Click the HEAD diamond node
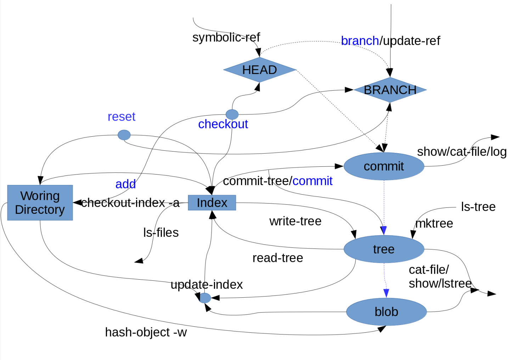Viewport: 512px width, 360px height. point(259,70)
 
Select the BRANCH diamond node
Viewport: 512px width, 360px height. point(390,90)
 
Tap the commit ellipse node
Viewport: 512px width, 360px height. point(384,166)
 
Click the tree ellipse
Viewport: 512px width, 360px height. point(384,249)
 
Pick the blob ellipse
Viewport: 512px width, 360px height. point(386,312)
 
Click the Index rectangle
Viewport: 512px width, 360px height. point(212,203)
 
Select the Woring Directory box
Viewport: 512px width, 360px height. point(40,203)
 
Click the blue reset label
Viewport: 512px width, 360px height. point(122,116)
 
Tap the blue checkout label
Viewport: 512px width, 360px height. point(223,124)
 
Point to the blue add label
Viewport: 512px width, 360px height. point(125,184)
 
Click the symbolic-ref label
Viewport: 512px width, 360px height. point(226,37)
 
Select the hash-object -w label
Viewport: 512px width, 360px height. point(146,332)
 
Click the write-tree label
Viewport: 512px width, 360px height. point(295,221)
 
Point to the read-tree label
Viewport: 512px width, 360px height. point(277,258)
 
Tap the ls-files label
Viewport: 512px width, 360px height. point(161,233)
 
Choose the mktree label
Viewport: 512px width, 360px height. point(434,224)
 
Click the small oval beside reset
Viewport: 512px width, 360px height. point(124,135)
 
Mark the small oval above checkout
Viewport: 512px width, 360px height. point(232,114)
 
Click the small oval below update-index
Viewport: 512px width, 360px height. point(205,298)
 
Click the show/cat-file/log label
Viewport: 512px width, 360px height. point(462,152)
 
